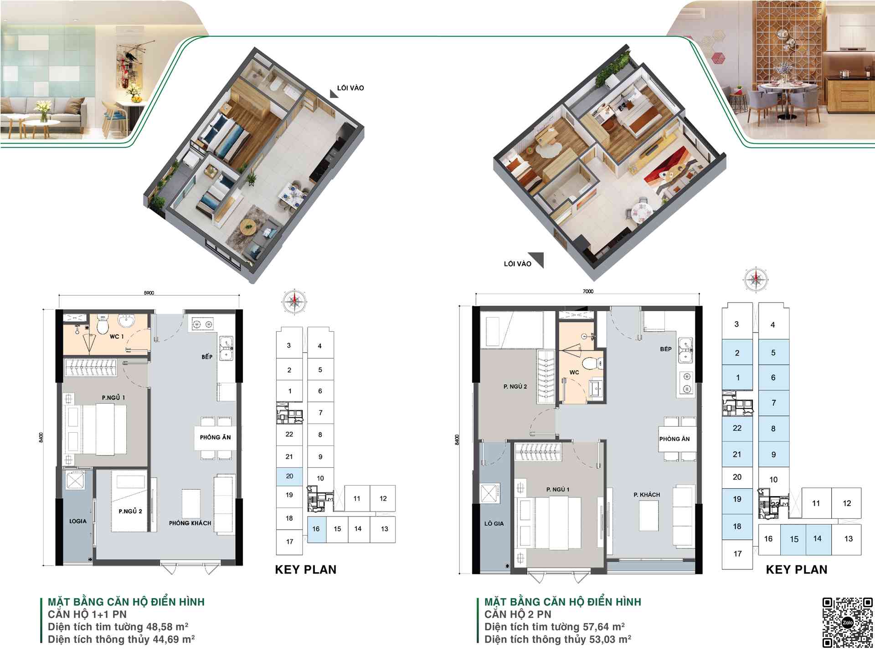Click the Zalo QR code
point(847,622)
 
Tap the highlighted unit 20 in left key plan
point(289,476)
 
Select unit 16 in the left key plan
point(317,529)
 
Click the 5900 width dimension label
point(149,293)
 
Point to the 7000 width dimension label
point(588,291)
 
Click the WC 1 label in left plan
point(117,337)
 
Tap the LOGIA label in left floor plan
point(77,521)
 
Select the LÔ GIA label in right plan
point(494,524)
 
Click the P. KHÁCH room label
point(647,495)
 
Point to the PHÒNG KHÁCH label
point(190,523)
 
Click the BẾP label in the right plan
point(666,349)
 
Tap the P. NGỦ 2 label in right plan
point(515,386)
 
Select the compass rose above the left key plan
point(294,302)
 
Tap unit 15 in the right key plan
point(794,539)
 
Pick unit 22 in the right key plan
point(737,428)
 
